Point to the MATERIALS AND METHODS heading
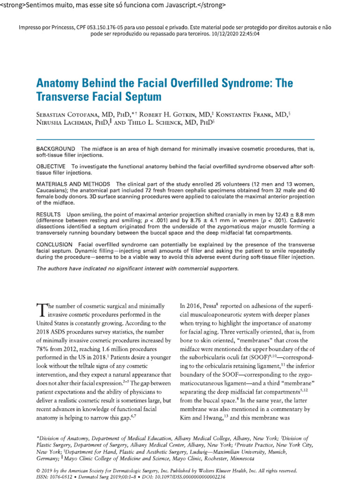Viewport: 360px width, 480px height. pyautogui.click(x=74, y=184)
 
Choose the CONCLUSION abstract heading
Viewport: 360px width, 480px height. pyautogui.click(x=54, y=245)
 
